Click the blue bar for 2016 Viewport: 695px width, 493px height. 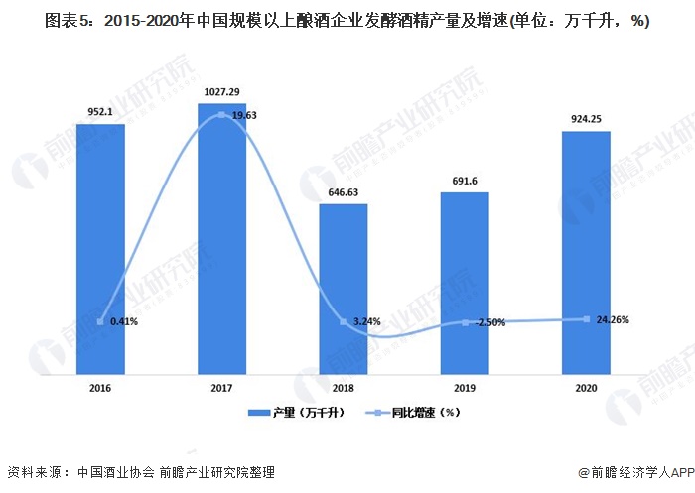tap(100, 248)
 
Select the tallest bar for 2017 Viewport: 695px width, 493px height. tap(221, 238)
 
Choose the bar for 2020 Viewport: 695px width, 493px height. tap(586, 253)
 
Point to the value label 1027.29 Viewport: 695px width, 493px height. tap(221, 92)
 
